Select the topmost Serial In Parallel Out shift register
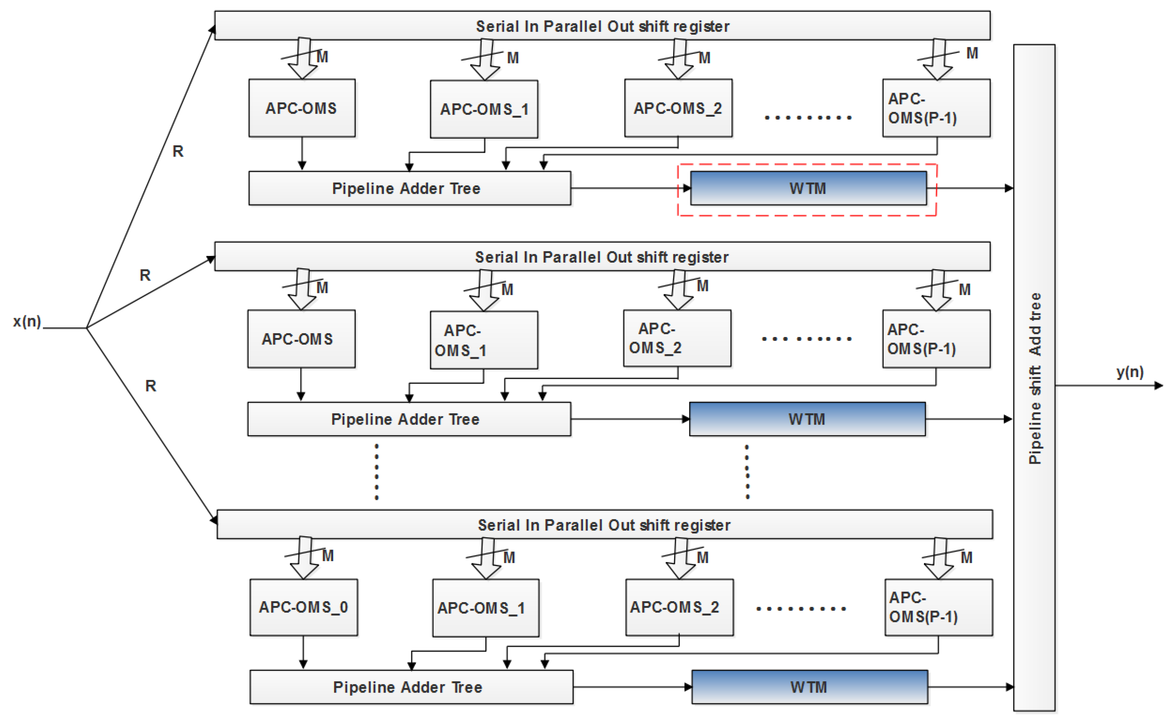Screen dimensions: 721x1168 pyautogui.click(x=602, y=26)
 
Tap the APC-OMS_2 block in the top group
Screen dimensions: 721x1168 pyautogui.click(x=678, y=108)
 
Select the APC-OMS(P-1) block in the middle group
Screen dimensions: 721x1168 pyautogui.click(x=935, y=339)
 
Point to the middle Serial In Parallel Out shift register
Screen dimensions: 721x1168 pyautogui.click(x=602, y=257)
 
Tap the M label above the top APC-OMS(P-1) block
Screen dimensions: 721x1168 pyautogui.click(x=972, y=53)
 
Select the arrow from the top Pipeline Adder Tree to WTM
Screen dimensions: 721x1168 pyautogui.click(x=629, y=188)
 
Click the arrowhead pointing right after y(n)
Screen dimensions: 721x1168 pyautogui.click(x=1159, y=385)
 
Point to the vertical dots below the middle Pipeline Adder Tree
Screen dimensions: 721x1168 pyautogui.click(x=377, y=471)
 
